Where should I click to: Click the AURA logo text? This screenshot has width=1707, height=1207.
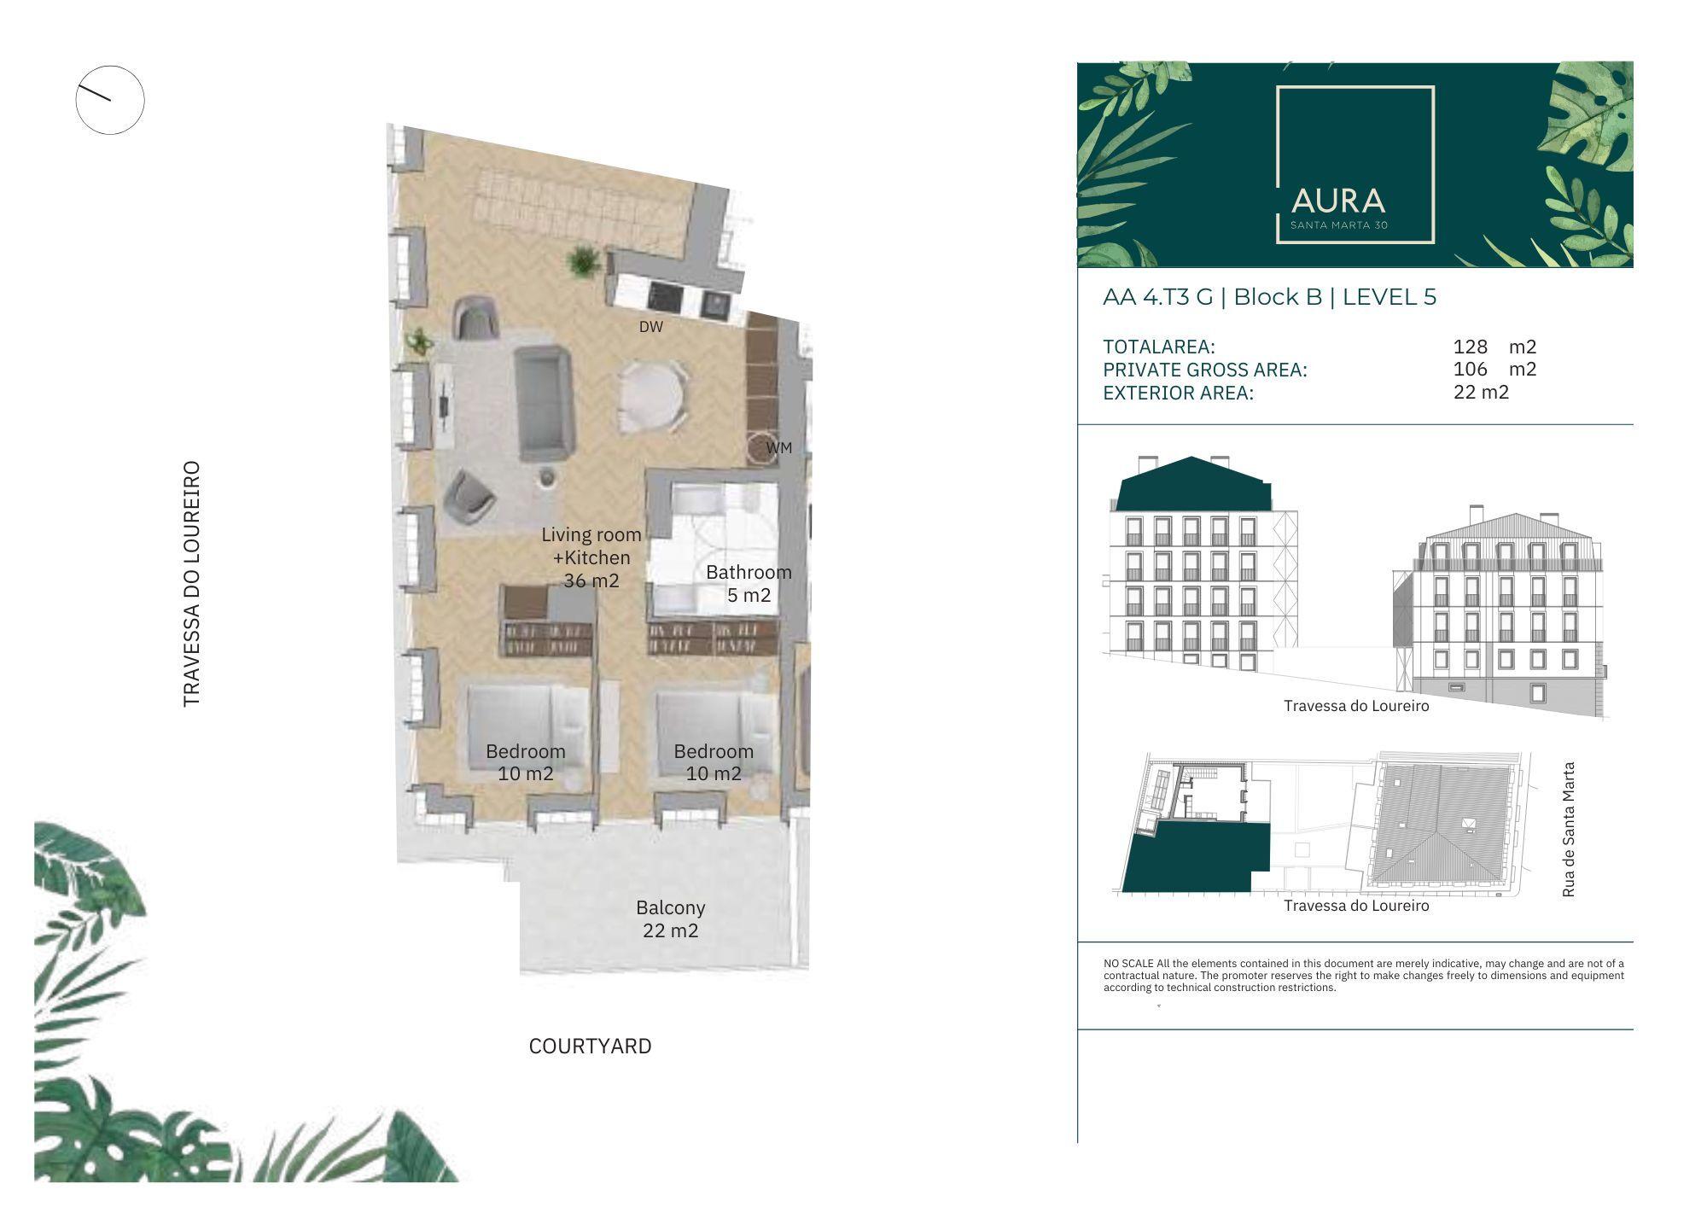coord(1337,201)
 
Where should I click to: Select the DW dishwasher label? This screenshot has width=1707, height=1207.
coord(651,327)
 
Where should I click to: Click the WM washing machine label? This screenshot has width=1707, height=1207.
coord(779,448)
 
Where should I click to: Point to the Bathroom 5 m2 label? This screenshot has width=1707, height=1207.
coord(749,584)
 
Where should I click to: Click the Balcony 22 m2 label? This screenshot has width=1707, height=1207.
coord(671,919)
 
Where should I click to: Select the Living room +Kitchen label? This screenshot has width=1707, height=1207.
coord(591,546)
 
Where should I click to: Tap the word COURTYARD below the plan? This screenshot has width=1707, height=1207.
coord(591,1047)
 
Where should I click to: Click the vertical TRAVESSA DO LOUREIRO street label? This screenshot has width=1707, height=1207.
coord(192,584)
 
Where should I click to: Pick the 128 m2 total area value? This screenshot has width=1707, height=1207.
coord(1494,347)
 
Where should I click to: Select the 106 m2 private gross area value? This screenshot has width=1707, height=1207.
coord(1494,369)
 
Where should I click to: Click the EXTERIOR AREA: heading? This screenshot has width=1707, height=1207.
coord(1179,394)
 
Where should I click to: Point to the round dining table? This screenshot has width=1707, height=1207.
coord(652,395)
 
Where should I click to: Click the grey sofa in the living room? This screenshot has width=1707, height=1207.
coord(544,402)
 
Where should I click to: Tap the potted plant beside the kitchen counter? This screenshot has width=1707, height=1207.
coord(583,259)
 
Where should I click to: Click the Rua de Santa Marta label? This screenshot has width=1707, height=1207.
coord(1568,830)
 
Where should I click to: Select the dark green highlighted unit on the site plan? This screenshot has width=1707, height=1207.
coord(1196,858)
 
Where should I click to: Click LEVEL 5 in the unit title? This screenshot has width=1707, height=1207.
coord(1389,297)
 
